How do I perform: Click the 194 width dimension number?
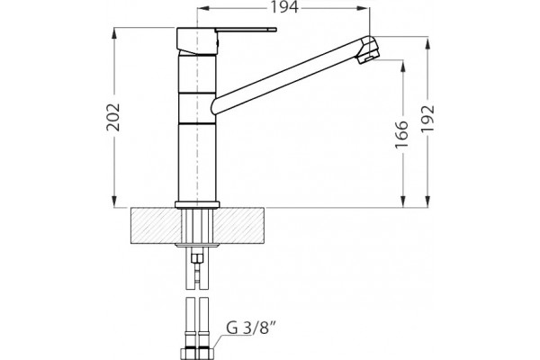pyautogui.click(x=283, y=7)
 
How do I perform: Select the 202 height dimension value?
pyautogui.click(x=113, y=117)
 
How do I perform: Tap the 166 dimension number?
pyautogui.click(x=402, y=134)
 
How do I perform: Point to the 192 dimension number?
pyautogui.click(x=428, y=118)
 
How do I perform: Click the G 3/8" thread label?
pyautogui.click(x=252, y=328)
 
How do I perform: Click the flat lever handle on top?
pyautogui.click(x=246, y=31)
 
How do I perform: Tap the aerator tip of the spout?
pyautogui.click(x=369, y=57)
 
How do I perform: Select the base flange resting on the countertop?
pyautogui.click(x=197, y=205)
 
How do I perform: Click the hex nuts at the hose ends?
pyautogui.click(x=197, y=353)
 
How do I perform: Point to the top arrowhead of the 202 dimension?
pyautogui.click(x=114, y=33)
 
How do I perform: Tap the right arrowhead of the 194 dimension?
pyautogui.click(x=364, y=8)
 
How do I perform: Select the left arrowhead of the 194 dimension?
pyautogui.click(x=202, y=8)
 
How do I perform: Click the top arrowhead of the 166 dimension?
pyautogui.click(x=403, y=66)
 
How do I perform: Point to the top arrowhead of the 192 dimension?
pyautogui.click(x=427, y=42)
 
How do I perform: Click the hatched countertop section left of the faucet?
pyautogui.click(x=156, y=226)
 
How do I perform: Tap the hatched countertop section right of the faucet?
pyautogui.click(x=239, y=226)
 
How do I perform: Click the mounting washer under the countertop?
pyautogui.click(x=197, y=246)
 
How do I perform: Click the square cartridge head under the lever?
pyautogui.click(x=196, y=40)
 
